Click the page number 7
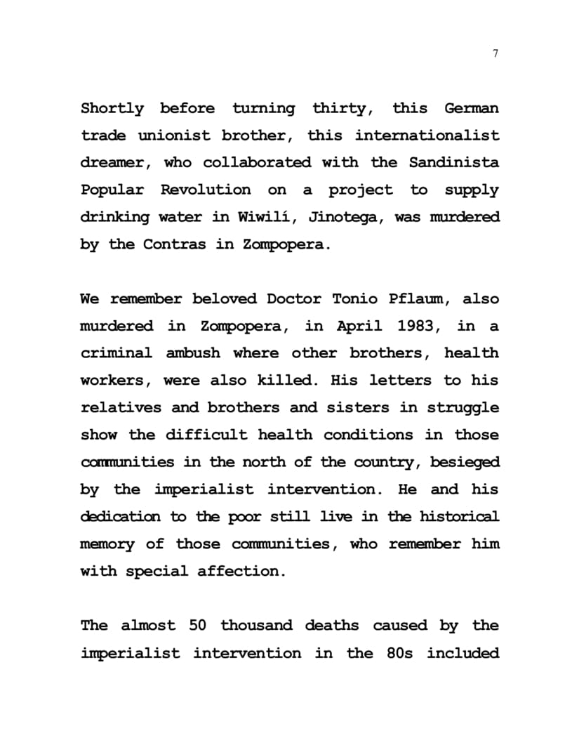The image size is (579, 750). (495, 53)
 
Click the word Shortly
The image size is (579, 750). (112, 109)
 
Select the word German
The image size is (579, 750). (472, 109)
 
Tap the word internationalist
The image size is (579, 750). (427, 135)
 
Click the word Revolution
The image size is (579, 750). (205, 190)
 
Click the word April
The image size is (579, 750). (359, 327)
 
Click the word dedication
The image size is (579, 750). (120, 517)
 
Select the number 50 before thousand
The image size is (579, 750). (198, 626)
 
